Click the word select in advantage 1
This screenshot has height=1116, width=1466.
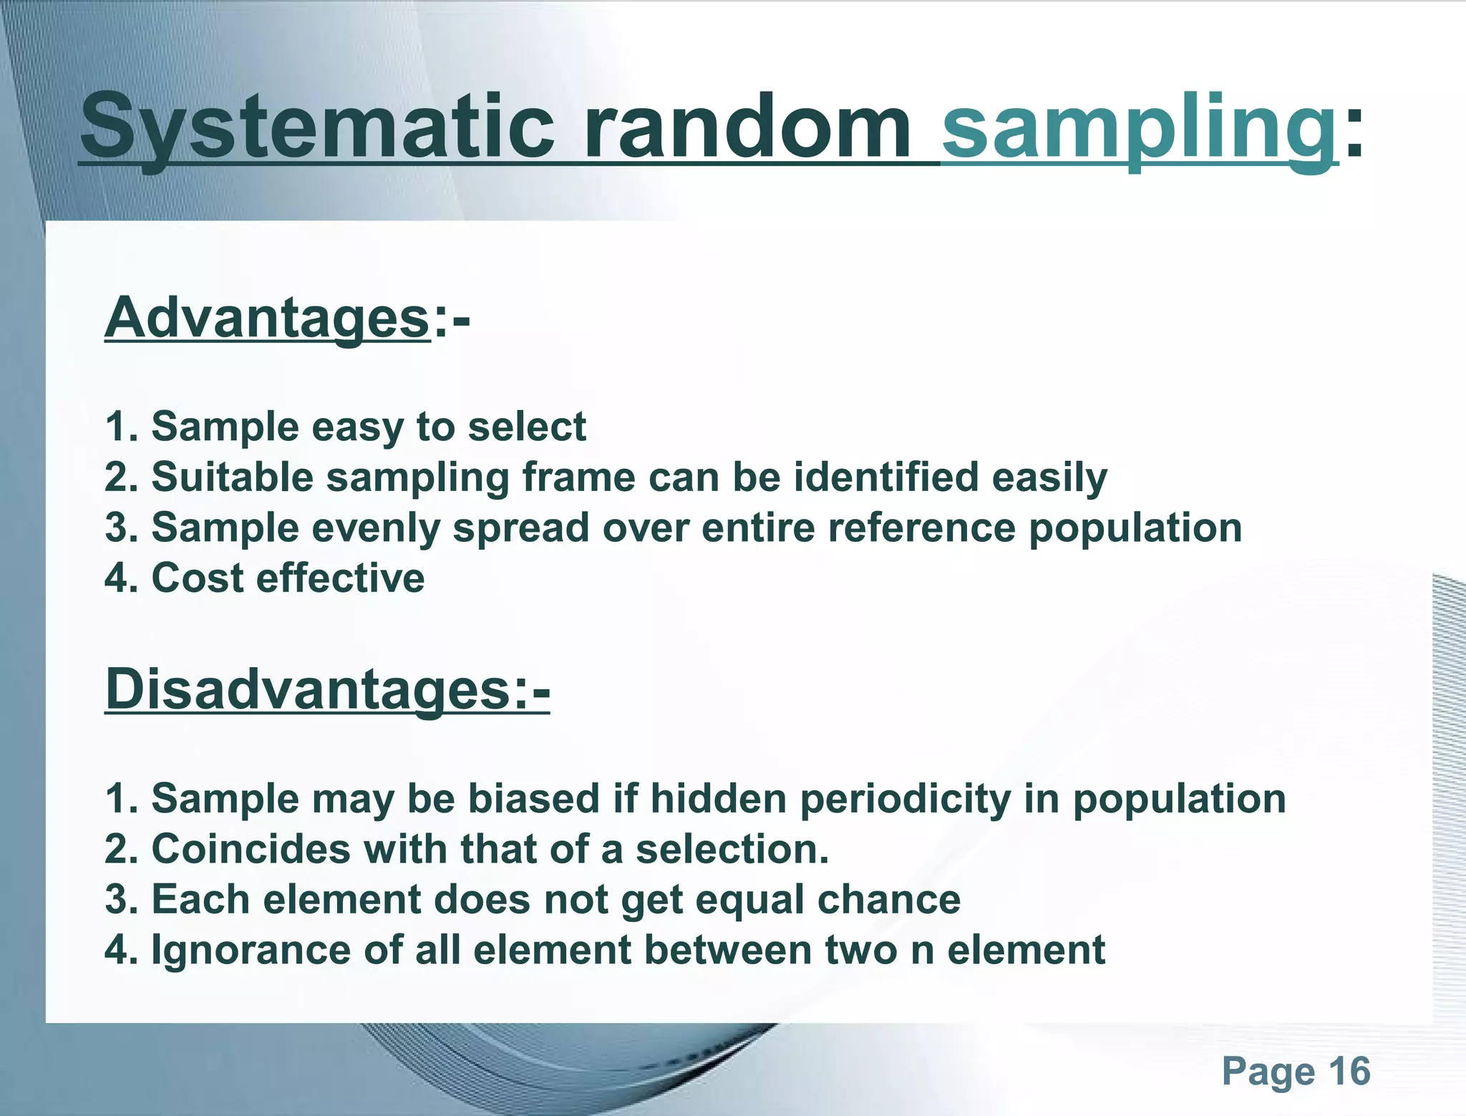point(526,427)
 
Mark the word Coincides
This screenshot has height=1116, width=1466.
point(251,849)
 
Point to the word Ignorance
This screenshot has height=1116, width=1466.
point(251,950)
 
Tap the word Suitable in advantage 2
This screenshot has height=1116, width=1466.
point(233,477)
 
